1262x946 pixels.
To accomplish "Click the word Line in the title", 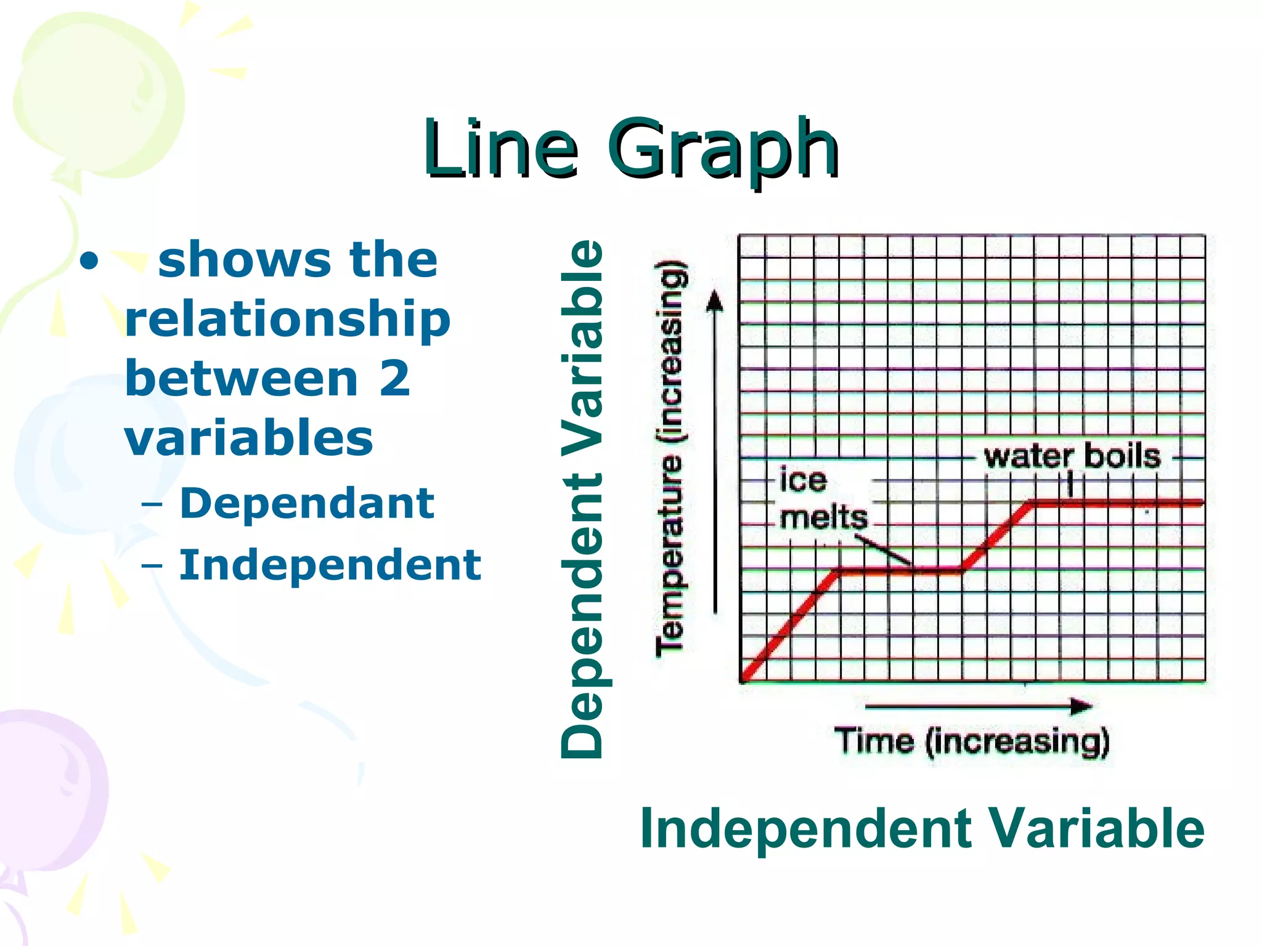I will (500, 149).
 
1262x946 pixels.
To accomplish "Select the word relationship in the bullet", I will (288, 320).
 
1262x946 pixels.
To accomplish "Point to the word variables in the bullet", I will (249, 438).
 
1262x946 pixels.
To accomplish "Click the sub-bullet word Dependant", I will (307, 503).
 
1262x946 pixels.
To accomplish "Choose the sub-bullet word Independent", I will (330, 565).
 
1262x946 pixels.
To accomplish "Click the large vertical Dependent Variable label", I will (582, 499).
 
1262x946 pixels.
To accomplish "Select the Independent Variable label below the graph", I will (921, 829).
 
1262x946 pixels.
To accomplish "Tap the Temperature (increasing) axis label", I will (670, 459).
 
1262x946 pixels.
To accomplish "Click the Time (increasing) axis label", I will (972, 741).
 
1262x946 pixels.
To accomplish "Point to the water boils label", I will (1072, 457).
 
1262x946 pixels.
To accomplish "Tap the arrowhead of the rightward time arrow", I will (1081, 706).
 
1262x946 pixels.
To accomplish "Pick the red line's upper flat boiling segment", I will (1115, 503).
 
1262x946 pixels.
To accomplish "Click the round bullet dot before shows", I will (89, 262).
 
